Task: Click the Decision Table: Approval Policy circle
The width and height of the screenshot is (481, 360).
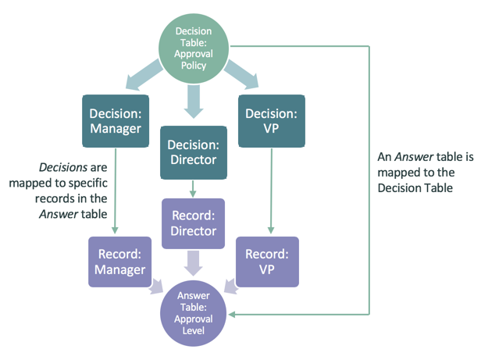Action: click(191, 48)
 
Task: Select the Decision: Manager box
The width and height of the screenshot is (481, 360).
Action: click(115, 120)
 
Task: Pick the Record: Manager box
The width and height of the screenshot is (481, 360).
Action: click(121, 262)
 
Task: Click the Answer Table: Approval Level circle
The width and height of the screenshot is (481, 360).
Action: click(192, 313)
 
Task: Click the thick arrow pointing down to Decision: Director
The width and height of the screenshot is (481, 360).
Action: click(192, 99)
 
